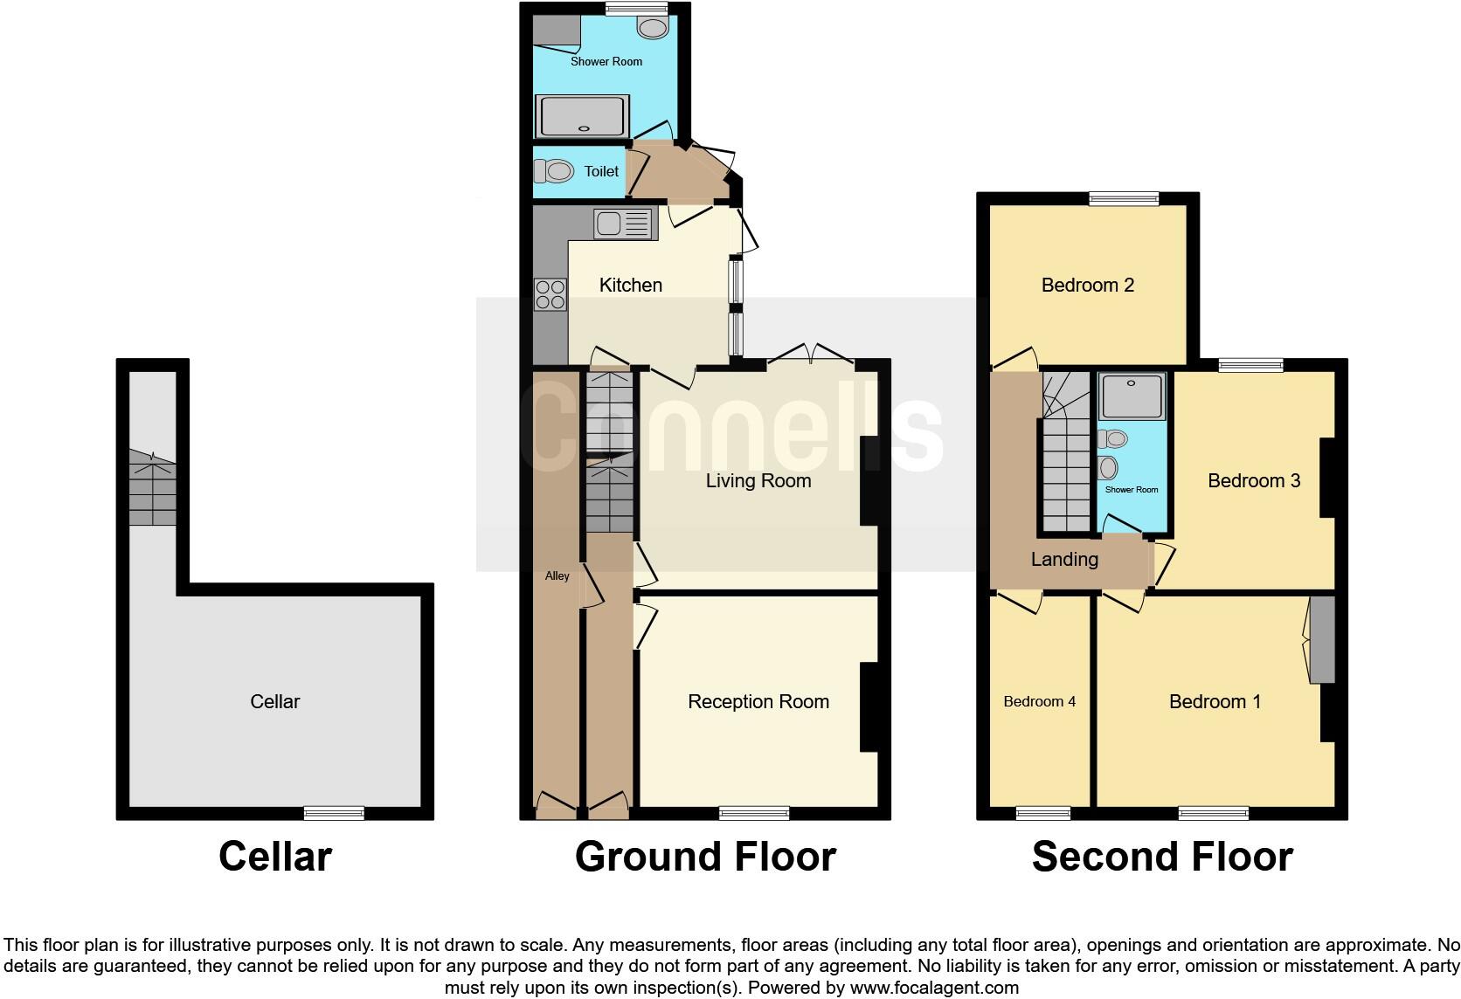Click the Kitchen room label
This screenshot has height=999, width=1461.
[x=630, y=285]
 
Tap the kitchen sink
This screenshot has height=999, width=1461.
[x=623, y=224]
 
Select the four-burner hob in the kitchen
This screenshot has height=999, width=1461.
[x=550, y=293]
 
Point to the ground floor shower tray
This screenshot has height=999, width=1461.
[x=583, y=117]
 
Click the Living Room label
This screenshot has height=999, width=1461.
[x=758, y=480]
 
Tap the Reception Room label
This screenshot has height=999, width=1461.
[x=758, y=701]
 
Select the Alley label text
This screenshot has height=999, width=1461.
[x=557, y=575]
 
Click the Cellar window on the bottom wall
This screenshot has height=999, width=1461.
[x=334, y=813]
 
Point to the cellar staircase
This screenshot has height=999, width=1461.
[x=153, y=493]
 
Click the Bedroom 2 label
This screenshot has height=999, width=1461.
[x=1087, y=285]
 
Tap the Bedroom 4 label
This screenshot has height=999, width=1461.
[x=1039, y=701]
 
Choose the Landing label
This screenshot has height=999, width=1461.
[x=1064, y=559]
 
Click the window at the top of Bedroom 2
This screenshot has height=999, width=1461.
[x=1124, y=198]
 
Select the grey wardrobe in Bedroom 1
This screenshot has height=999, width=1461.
[x=1322, y=640]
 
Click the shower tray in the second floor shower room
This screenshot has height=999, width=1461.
[x=1132, y=396]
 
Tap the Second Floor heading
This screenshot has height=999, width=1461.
[x=1162, y=857]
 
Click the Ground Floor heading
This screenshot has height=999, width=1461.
[x=705, y=857]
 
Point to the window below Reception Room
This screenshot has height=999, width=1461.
[x=754, y=813]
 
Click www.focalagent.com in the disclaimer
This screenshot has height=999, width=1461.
[x=934, y=988]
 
